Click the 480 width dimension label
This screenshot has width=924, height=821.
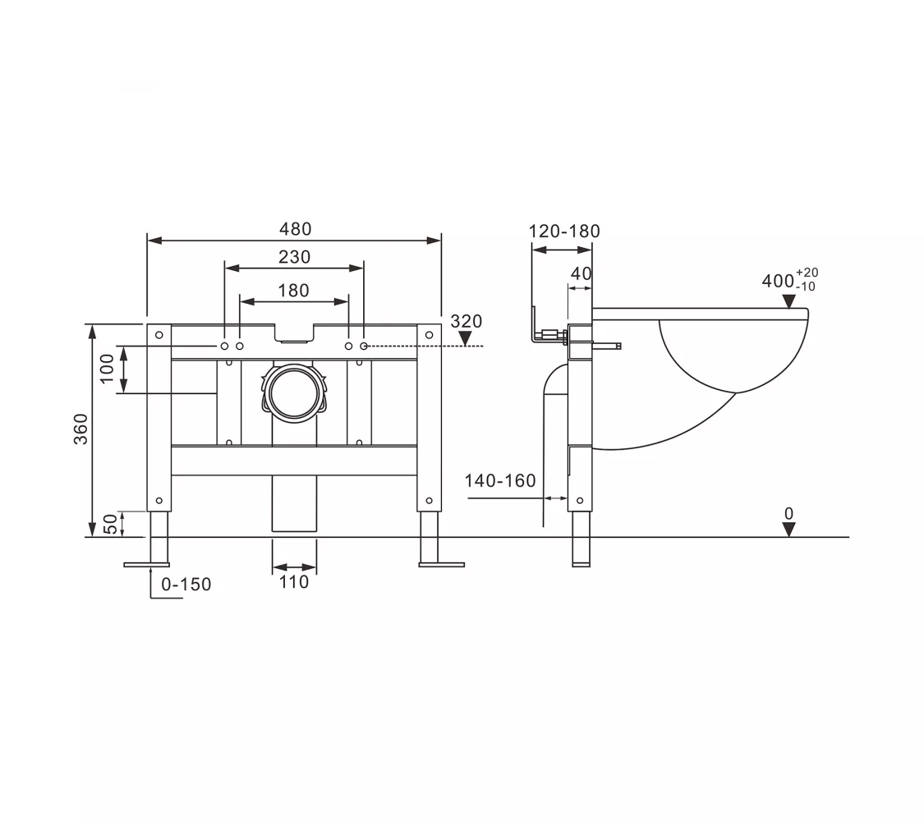pyautogui.click(x=295, y=228)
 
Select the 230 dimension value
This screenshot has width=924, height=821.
pyautogui.click(x=295, y=257)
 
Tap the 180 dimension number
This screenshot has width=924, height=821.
pyautogui.click(x=293, y=291)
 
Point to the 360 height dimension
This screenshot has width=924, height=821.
pyautogui.click(x=80, y=429)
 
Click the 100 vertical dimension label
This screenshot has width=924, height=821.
pyautogui.click(x=108, y=369)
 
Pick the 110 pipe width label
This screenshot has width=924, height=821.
pyautogui.click(x=293, y=582)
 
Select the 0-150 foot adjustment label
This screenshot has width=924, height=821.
pyautogui.click(x=186, y=585)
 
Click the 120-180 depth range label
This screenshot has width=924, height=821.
pyautogui.click(x=564, y=231)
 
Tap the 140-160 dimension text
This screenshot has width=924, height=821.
pyautogui.click(x=500, y=480)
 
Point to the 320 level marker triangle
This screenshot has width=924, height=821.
pyautogui.click(x=465, y=338)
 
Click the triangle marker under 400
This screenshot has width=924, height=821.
pyautogui.click(x=789, y=301)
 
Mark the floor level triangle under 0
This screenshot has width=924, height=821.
pyautogui.click(x=789, y=530)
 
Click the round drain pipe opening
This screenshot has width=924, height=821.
pyautogui.click(x=294, y=393)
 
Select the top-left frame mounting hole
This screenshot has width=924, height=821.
pyautogui.click(x=159, y=335)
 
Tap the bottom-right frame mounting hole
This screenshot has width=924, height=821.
pyautogui.click(x=429, y=501)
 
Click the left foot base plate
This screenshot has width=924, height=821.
pyautogui.click(x=147, y=566)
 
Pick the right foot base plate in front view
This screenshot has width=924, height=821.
pyautogui.click(x=441, y=566)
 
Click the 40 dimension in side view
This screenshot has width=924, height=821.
pyautogui.click(x=581, y=273)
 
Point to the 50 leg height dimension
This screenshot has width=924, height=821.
pyautogui.click(x=110, y=524)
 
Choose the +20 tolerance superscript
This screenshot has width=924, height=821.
pyautogui.click(x=807, y=272)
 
